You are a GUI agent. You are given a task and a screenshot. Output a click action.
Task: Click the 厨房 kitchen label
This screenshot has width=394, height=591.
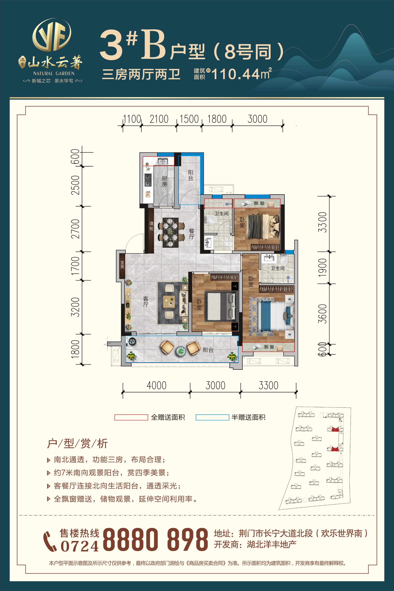click(x=164, y=181)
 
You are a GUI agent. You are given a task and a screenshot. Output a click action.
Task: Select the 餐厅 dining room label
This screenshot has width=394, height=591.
click(x=192, y=234)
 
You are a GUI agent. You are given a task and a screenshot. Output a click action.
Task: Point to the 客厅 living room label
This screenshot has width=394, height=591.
click(x=146, y=301)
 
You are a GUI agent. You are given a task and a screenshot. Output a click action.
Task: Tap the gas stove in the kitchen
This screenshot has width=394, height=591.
click(x=148, y=180)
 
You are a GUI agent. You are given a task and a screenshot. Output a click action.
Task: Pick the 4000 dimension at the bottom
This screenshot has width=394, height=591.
click(x=156, y=385)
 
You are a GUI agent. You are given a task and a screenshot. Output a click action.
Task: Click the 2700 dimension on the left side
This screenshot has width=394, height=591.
click(x=75, y=229)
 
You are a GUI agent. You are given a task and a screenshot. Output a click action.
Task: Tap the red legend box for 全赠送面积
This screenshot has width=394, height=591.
click(x=131, y=417)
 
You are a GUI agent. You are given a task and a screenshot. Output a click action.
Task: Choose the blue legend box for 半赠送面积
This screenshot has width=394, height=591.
click(x=212, y=417)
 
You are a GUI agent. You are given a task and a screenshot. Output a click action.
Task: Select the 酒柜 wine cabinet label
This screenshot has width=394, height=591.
click(x=151, y=226)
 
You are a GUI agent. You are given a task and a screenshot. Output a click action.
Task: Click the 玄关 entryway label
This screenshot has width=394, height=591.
click(x=122, y=265)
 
